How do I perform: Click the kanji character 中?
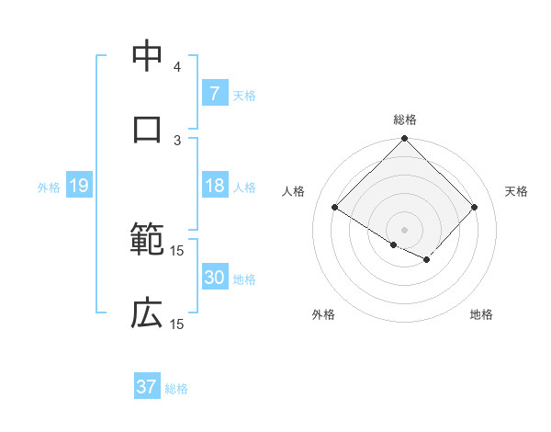click(147, 55)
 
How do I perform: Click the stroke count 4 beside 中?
click(177, 67)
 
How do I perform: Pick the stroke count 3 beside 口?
click(177, 140)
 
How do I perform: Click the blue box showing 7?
click(214, 93)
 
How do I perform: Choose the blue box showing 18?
click(214, 186)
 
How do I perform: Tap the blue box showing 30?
click(214, 279)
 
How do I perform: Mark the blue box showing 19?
click(78, 186)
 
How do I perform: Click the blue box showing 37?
click(147, 387)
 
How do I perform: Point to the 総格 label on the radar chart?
click(405, 119)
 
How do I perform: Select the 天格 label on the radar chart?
click(516, 191)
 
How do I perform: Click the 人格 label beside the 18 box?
click(244, 187)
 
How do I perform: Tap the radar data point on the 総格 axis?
click(405, 140)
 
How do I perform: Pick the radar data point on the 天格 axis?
click(474, 207)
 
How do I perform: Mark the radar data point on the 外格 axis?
click(394, 244)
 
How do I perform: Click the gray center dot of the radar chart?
click(405, 229)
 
